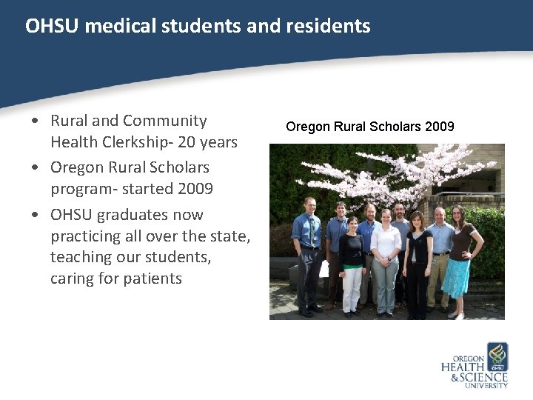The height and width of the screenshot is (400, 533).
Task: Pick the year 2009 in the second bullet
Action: (x=195, y=189)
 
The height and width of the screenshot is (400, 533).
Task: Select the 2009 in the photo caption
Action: (x=440, y=127)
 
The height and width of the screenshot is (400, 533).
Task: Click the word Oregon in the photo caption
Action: (x=305, y=127)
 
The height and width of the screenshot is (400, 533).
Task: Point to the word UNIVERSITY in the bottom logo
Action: (x=488, y=386)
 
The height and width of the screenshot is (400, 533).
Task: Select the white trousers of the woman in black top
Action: (x=352, y=288)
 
